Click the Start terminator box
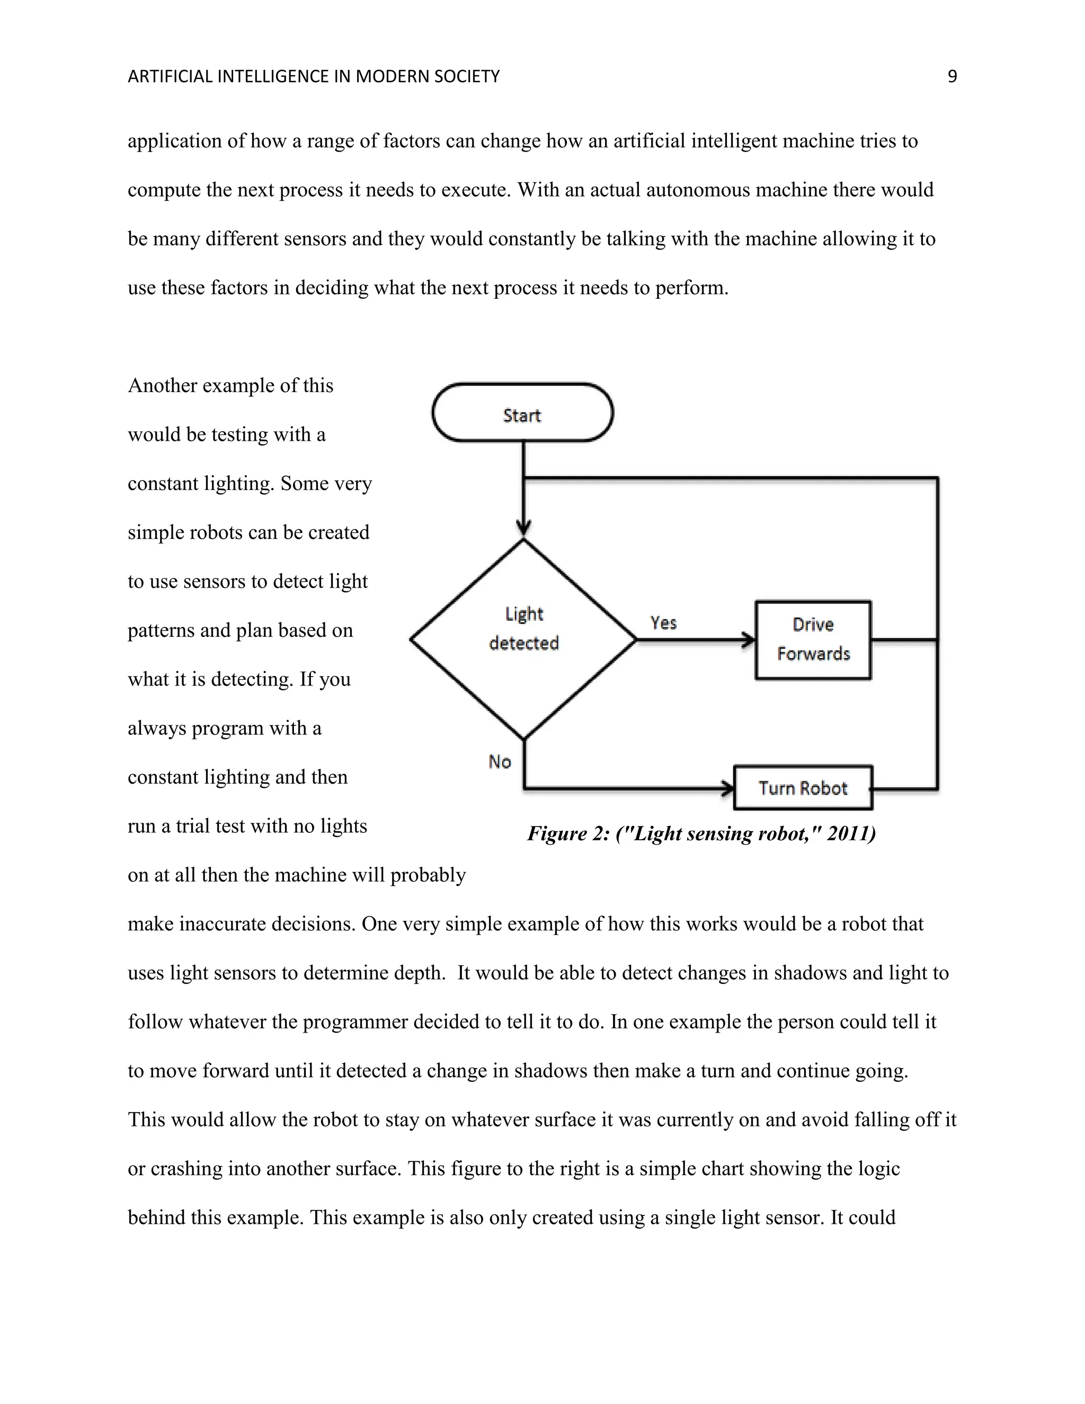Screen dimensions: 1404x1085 pyautogui.click(x=522, y=413)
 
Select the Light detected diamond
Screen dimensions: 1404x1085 pyautogui.click(x=523, y=639)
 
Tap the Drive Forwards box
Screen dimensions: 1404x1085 pyautogui.click(x=813, y=639)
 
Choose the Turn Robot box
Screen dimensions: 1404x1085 pyautogui.click(x=803, y=787)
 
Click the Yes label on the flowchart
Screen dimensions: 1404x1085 pyautogui.click(x=663, y=623)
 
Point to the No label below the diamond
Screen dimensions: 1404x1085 pyautogui.click(x=500, y=762)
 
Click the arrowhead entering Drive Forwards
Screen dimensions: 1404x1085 pyautogui.click(x=749, y=639)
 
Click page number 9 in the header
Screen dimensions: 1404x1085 pyautogui.click(x=952, y=76)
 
